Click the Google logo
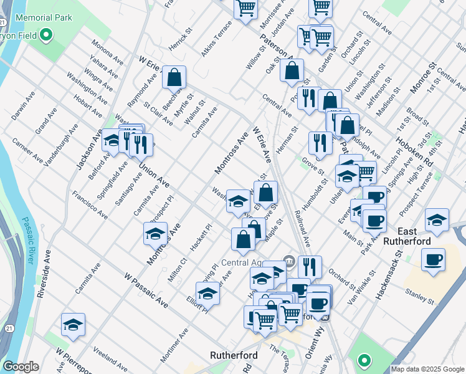tap(21, 367)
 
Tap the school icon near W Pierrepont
tap(73, 325)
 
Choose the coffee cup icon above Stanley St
tap(433, 259)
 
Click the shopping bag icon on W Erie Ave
tap(175, 78)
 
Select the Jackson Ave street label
tap(89, 150)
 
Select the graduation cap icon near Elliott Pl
tap(208, 292)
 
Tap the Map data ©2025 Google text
tap(427, 369)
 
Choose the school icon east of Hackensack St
tap(437, 219)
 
